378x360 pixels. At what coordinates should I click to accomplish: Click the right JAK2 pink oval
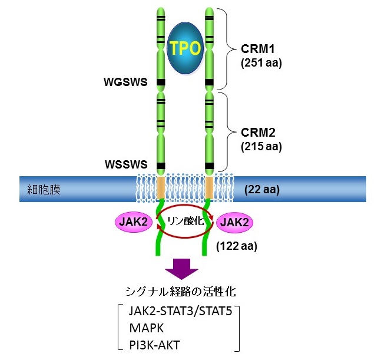pos(235,223)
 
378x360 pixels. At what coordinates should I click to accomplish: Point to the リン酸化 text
pos(184,222)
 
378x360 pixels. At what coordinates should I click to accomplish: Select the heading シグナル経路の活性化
pos(183,292)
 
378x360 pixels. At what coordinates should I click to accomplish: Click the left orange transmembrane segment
pos(161,187)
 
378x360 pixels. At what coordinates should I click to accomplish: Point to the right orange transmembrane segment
pos(208,187)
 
